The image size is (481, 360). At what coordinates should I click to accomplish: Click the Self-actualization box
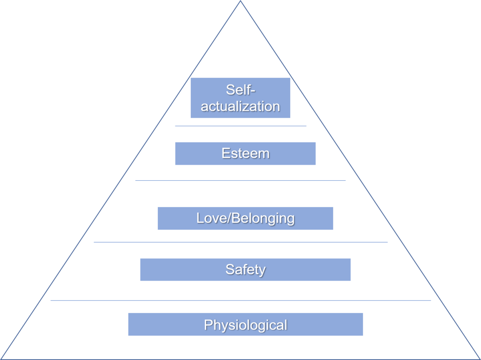240,98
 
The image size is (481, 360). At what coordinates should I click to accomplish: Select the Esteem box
245,153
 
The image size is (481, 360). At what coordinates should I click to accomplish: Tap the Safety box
245,269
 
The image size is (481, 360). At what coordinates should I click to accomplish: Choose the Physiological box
245,324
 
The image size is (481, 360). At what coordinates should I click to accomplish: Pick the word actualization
240,106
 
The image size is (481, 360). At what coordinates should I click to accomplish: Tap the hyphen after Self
253,90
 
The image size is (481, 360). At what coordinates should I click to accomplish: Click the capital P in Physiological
208,324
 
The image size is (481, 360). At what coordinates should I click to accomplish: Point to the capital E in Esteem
225,153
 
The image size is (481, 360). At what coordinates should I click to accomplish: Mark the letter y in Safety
262,270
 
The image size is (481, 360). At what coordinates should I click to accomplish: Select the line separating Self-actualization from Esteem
240,126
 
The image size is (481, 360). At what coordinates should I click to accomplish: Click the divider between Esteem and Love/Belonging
240,180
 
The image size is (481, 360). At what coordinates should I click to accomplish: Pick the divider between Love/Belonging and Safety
240,242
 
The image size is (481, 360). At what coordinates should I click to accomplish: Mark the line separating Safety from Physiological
240,300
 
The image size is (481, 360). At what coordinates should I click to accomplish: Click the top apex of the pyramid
240,1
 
